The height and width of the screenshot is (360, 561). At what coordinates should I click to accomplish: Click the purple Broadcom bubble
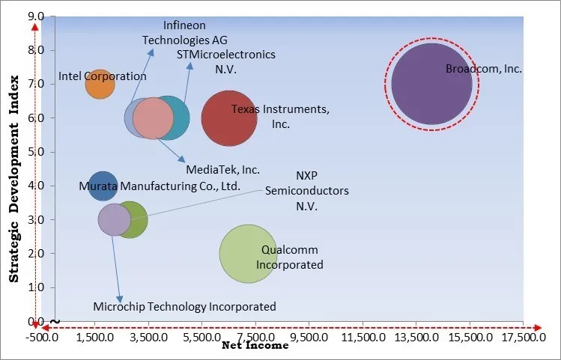pyautogui.click(x=431, y=84)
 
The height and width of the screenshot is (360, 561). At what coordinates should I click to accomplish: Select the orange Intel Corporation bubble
pyautogui.click(x=100, y=84)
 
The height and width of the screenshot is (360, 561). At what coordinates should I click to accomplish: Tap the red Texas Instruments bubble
pyautogui.click(x=229, y=118)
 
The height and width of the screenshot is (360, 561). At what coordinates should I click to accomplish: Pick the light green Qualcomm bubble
pyautogui.click(x=248, y=254)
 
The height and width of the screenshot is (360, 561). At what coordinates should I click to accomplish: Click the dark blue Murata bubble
pyautogui.click(x=103, y=186)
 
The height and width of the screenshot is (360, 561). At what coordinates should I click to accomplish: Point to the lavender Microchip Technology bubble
pyautogui.click(x=114, y=220)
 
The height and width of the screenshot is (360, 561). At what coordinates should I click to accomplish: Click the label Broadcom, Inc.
pyautogui.click(x=483, y=69)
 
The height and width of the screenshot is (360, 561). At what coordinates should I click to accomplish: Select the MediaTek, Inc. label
pyautogui.click(x=222, y=170)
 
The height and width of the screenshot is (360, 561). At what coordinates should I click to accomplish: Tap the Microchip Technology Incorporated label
pyautogui.click(x=184, y=306)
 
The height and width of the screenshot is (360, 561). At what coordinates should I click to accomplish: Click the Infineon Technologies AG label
pyautogui.click(x=175, y=34)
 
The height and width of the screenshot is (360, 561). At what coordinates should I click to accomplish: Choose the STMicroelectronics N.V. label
pyautogui.click(x=226, y=61)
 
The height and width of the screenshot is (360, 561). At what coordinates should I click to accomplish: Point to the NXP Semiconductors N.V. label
pyautogui.click(x=306, y=191)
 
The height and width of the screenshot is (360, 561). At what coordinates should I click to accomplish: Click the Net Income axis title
pyautogui.click(x=255, y=346)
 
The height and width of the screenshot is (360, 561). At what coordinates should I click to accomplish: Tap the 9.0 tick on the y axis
pyautogui.click(x=36, y=16)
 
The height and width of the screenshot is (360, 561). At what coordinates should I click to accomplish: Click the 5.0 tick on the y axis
pyautogui.click(x=36, y=152)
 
